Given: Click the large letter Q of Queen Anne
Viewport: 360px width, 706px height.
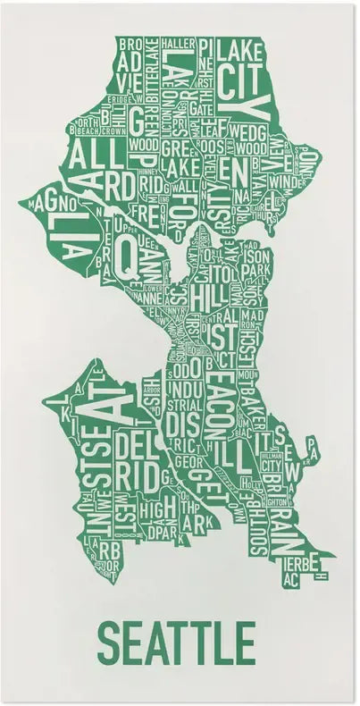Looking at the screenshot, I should click(x=127, y=256).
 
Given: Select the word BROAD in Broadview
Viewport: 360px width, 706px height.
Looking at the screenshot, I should click(x=130, y=43).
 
